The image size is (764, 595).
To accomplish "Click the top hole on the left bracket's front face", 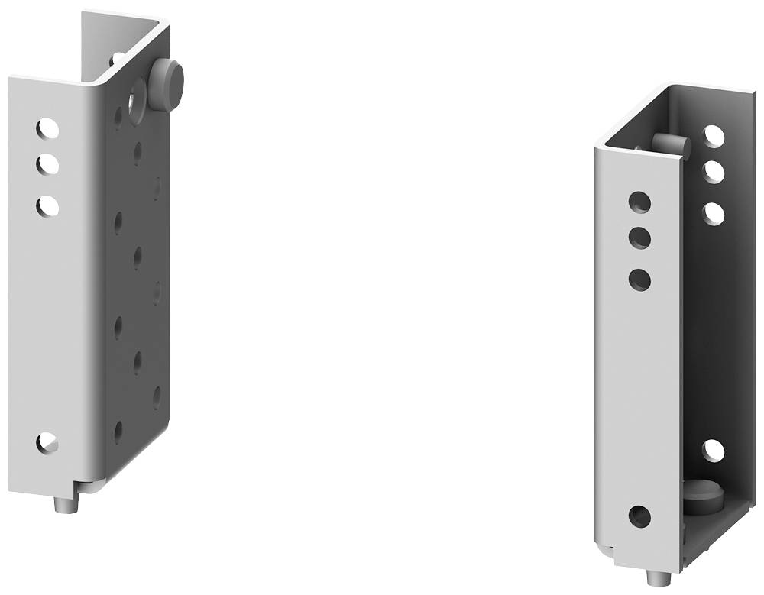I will click(47, 128).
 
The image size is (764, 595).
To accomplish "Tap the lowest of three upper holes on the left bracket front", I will click(47, 205).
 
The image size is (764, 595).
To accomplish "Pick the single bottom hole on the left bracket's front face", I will click(47, 442).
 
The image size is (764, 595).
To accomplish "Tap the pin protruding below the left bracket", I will click(67, 504).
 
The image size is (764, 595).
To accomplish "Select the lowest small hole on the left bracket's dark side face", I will click(118, 432).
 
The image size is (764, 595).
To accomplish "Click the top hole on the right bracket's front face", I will click(639, 202).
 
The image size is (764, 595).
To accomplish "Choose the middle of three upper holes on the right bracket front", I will click(639, 238).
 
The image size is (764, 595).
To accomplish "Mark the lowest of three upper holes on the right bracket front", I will click(639, 279).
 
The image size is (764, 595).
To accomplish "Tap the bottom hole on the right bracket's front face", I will click(639, 516).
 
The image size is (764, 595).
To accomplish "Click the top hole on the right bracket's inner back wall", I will click(714, 136).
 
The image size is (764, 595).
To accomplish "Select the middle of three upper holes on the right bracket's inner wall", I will click(714, 172).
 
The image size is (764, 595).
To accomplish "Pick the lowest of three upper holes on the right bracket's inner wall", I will click(714, 213).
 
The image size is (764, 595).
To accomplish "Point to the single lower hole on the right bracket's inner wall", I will click(713, 451).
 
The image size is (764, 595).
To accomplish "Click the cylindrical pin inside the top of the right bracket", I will click(671, 144).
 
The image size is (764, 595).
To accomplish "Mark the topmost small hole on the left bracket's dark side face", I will click(118, 116).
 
